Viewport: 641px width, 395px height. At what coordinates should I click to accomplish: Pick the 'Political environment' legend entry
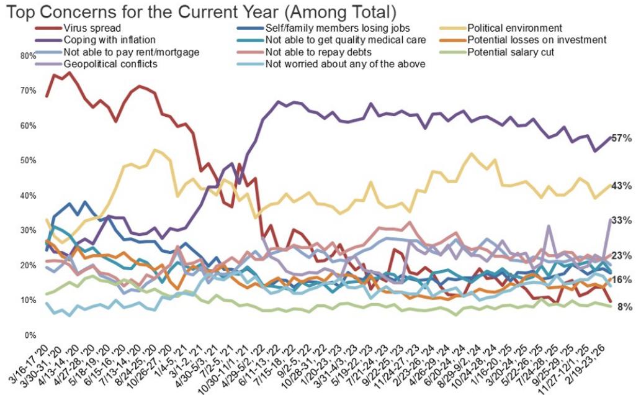click(514, 28)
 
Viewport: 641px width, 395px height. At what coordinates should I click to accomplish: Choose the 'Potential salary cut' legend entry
click(510, 52)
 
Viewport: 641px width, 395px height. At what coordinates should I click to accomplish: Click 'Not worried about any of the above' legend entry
click(344, 64)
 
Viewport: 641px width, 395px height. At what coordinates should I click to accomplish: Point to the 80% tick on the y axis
click(28, 55)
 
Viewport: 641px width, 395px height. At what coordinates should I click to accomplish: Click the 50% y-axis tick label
click(28, 160)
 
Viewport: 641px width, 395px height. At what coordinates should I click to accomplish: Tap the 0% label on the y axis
click(30, 335)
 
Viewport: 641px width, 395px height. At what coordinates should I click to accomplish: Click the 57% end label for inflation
click(622, 138)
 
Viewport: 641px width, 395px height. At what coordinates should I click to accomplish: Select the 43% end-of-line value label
click(622, 186)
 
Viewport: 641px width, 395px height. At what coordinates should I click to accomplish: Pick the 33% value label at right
click(622, 220)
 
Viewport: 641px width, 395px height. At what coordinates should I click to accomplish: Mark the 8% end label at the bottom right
click(623, 307)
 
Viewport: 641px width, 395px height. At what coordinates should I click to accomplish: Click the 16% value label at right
click(622, 279)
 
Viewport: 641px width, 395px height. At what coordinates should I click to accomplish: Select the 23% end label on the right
click(622, 255)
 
